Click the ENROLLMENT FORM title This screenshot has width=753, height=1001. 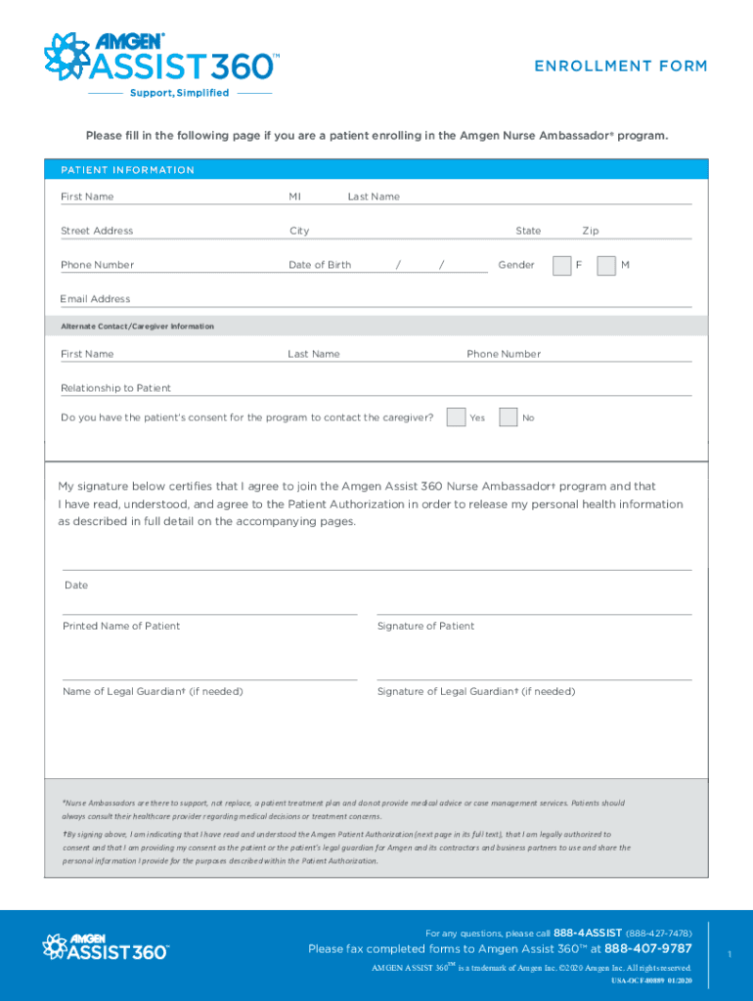click(x=620, y=66)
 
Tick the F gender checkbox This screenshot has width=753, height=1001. click(x=561, y=265)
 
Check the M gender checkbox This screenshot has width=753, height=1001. click(x=606, y=265)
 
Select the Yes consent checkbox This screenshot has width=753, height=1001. click(x=456, y=417)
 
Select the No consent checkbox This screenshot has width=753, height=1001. click(x=508, y=417)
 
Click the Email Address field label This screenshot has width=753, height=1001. click(x=95, y=299)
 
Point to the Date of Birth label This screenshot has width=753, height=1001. click(x=320, y=265)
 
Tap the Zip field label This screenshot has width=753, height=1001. click(x=591, y=231)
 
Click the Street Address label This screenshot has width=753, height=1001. click(x=97, y=231)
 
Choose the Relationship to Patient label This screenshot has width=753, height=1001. click(x=115, y=388)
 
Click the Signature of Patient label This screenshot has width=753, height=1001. click(x=425, y=626)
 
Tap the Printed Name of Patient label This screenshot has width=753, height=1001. click(x=121, y=626)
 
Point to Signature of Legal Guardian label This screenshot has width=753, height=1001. click(x=476, y=691)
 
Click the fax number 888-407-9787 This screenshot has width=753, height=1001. click(x=647, y=948)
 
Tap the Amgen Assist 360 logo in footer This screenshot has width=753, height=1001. click(x=105, y=946)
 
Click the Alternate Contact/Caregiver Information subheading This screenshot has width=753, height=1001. click(x=137, y=326)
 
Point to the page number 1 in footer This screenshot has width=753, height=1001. click(x=730, y=952)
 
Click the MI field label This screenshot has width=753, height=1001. click(x=294, y=196)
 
